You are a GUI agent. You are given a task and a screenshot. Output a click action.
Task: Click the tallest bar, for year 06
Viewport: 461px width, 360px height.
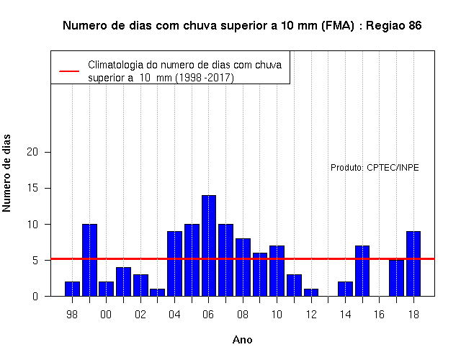(209, 246)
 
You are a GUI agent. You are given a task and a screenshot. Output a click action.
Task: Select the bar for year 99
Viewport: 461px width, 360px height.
(89, 260)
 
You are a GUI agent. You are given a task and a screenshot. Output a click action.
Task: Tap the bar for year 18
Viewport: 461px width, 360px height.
(413, 264)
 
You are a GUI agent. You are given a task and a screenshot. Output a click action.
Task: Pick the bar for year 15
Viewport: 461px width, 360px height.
(362, 271)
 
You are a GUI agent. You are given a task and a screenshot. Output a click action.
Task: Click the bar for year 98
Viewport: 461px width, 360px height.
(72, 289)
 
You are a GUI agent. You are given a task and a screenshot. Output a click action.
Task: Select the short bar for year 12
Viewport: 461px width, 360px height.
(311, 292)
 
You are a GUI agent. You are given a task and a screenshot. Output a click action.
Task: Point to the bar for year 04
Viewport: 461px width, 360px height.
(174, 264)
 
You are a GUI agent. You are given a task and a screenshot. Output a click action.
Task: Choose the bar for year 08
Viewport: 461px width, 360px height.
(243, 267)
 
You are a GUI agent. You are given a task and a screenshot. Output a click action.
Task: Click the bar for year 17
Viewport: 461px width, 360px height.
(396, 278)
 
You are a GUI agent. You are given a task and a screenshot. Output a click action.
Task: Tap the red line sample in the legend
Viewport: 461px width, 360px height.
(69, 71)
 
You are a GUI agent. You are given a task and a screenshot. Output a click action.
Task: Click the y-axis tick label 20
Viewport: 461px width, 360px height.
(32, 152)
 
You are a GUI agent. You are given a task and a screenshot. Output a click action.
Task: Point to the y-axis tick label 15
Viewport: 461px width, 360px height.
(32, 188)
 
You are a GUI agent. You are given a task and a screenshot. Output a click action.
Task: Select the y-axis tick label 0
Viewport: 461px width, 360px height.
(35, 296)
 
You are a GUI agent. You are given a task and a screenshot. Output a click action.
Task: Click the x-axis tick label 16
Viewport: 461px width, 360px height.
(380, 315)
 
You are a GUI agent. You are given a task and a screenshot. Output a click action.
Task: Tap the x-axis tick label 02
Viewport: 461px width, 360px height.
(140, 315)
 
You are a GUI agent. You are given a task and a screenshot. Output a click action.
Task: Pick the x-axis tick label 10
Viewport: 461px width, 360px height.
(277, 315)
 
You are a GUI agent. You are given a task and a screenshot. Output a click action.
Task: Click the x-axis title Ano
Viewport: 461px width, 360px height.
(243, 340)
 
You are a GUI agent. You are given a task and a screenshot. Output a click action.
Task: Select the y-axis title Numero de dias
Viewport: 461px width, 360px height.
(6, 173)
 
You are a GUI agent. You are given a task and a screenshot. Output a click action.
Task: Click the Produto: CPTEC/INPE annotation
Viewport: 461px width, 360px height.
(375, 168)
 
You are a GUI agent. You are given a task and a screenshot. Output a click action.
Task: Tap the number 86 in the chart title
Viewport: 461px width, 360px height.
(415, 26)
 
